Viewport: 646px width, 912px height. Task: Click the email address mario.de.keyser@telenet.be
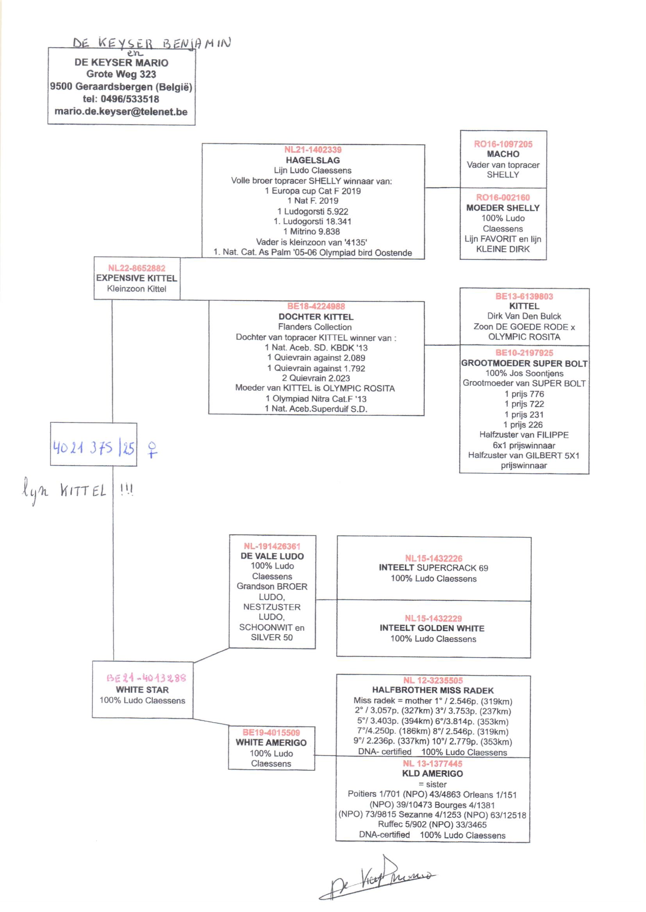(x=121, y=112)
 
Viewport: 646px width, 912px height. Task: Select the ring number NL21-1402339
(x=313, y=150)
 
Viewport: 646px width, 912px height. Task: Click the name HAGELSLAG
(x=313, y=160)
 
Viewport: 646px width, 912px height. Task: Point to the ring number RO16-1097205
(x=503, y=144)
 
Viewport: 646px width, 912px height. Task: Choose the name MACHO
(x=503, y=154)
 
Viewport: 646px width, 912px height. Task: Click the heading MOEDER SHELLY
(x=503, y=208)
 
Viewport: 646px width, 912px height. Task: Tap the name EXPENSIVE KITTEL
(x=136, y=278)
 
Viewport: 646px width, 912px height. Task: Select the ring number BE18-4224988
(x=316, y=306)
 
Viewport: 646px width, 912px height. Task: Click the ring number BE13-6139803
(x=524, y=297)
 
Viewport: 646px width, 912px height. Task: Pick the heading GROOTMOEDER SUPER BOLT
(x=524, y=363)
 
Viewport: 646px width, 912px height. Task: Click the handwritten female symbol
(x=152, y=450)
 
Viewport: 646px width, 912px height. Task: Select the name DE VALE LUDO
(x=272, y=556)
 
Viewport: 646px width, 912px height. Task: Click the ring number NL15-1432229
(x=433, y=618)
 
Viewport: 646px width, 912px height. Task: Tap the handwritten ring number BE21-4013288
(x=146, y=678)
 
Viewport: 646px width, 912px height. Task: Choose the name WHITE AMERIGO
(x=271, y=742)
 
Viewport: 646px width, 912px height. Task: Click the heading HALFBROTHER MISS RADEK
(x=433, y=690)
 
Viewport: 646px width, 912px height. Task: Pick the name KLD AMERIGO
(x=432, y=773)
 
